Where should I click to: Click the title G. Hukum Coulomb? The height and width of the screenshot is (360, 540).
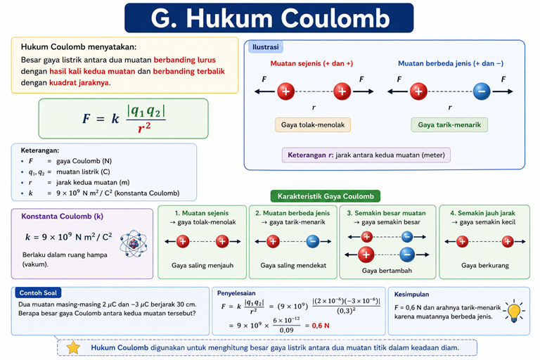click(x=270, y=18)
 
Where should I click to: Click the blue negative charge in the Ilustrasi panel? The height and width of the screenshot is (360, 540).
click(x=482, y=91)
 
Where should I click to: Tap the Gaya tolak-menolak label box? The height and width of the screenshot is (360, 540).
click(x=313, y=124)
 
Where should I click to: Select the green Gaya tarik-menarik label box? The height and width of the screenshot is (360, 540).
click(x=449, y=124)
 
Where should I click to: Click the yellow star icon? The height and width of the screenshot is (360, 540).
click(x=73, y=347)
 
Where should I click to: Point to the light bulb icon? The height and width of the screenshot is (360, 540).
click(x=514, y=311)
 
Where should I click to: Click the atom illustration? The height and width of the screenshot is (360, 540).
click(x=134, y=244)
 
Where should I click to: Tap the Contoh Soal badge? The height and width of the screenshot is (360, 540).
click(x=38, y=292)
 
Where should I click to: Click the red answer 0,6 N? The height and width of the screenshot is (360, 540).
click(x=321, y=326)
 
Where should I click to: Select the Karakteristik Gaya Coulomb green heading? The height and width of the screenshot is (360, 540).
click(x=326, y=196)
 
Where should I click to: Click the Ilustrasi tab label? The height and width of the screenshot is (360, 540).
click(x=266, y=47)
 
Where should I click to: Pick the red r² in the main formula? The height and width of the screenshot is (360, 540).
click(x=144, y=127)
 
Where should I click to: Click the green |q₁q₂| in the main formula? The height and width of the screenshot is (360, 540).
click(x=146, y=111)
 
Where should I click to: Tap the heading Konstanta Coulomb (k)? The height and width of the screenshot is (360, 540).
click(x=63, y=217)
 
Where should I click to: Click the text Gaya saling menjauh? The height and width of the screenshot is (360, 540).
click(x=202, y=265)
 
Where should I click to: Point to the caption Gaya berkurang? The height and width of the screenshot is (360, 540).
click(x=485, y=265)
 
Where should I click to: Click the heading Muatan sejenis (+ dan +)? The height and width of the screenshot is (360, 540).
click(x=311, y=63)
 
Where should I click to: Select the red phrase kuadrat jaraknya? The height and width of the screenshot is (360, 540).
click(x=79, y=83)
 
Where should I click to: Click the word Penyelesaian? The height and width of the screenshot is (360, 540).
click(x=236, y=293)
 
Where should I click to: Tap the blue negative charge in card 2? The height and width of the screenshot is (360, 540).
click(x=313, y=241)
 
